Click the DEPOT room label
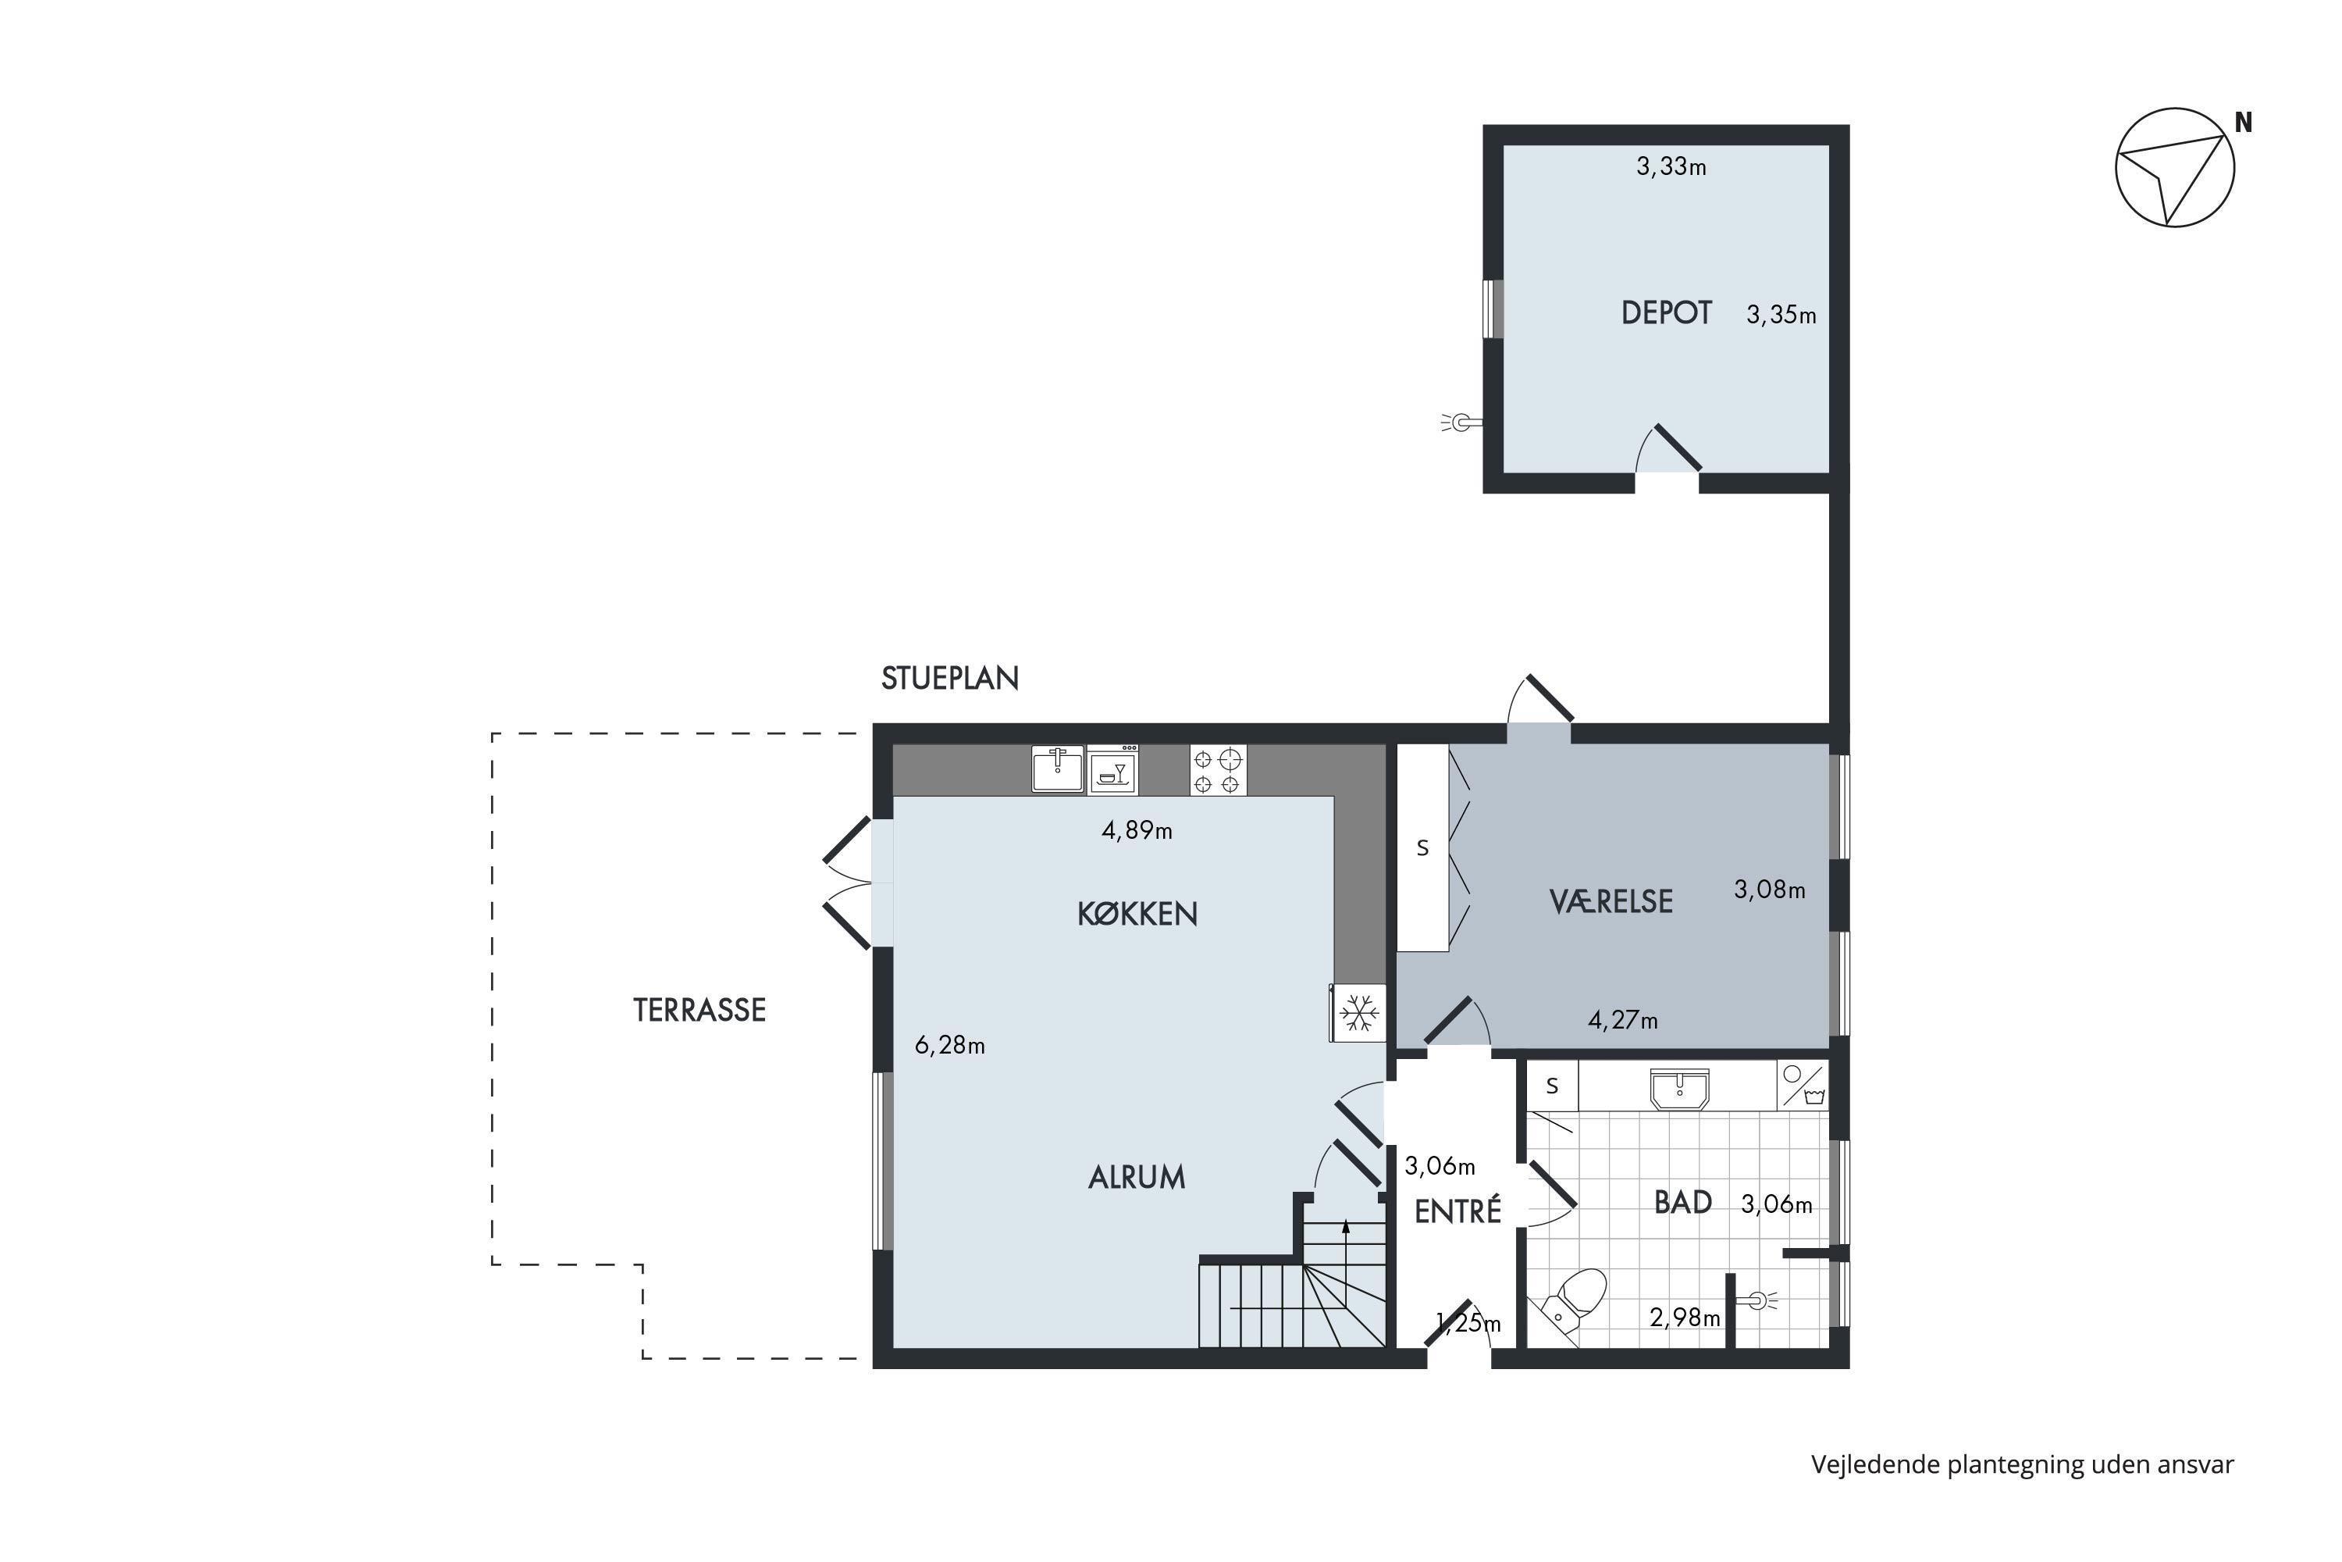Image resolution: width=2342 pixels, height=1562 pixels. [1666, 313]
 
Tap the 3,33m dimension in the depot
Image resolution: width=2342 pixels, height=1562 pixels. [1671, 166]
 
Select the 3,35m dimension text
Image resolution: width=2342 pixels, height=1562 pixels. [1781, 315]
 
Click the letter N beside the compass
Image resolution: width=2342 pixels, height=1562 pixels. [2244, 123]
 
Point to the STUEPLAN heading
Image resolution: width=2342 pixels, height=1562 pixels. [950, 679]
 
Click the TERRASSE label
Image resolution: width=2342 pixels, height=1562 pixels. [699, 1010]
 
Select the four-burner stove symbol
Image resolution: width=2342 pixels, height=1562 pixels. [1218, 770]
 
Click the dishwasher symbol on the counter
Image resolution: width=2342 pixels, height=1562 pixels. [1112, 769]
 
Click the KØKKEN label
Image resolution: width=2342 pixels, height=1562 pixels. [1137, 914]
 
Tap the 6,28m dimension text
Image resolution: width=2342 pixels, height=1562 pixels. [949, 1045]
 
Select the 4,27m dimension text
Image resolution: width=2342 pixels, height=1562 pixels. [1622, 1020]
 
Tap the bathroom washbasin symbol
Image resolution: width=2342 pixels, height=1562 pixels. [1679, 1089]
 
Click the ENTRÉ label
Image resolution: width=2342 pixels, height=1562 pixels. [1457, 1211]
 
